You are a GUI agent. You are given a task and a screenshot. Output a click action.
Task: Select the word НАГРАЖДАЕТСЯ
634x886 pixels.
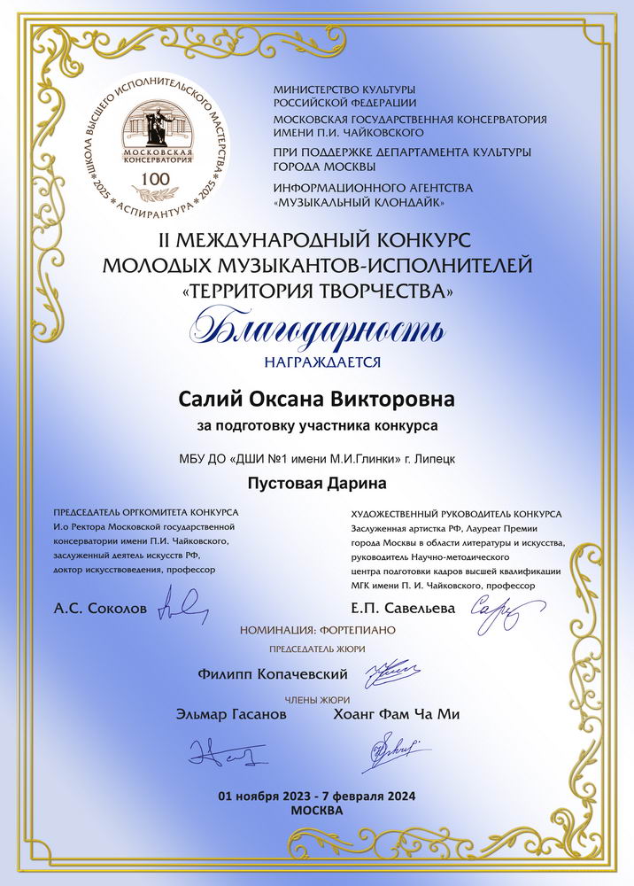[x=316, y=361]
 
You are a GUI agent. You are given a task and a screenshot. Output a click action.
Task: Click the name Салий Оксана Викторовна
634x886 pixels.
[x=317, y=400]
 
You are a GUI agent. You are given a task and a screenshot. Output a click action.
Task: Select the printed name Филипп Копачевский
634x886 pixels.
[x=274, y=675]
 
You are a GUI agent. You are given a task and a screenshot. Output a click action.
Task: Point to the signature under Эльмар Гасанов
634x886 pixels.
[x=218, y=755]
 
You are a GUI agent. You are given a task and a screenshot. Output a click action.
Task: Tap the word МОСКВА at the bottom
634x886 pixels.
[x=316, y=810]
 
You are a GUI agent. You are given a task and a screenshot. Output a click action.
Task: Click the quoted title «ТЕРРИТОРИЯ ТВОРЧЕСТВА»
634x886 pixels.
[x=316, y=290]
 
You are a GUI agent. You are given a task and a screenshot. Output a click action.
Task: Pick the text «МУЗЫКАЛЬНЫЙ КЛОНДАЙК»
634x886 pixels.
[x=359, y=203]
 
